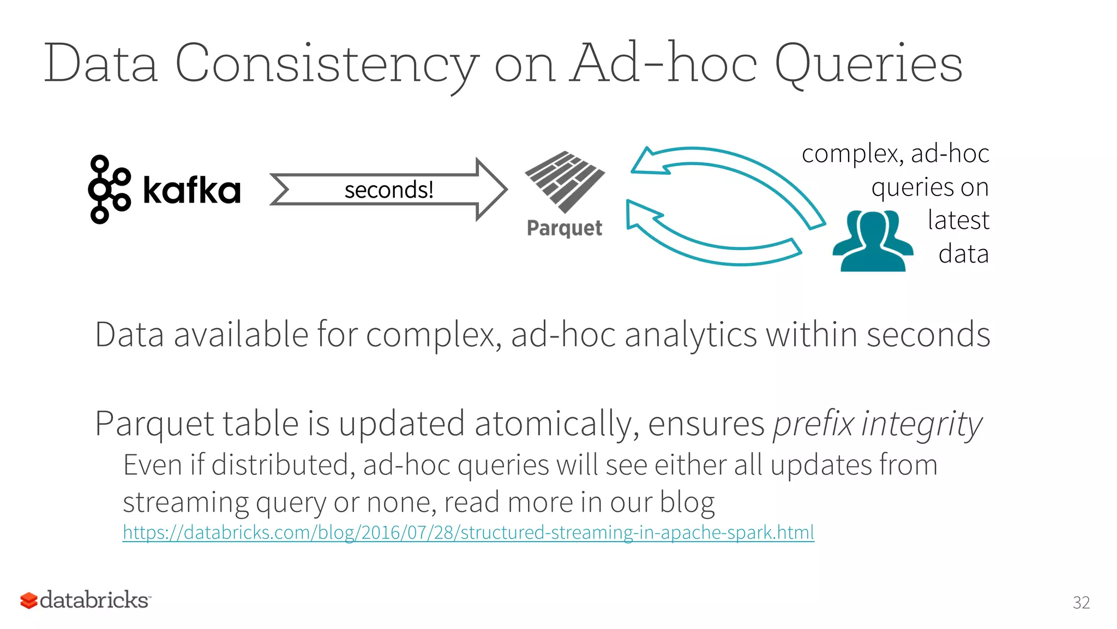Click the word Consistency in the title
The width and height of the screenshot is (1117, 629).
click(326, 64)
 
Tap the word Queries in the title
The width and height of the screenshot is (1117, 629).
click(868, 64)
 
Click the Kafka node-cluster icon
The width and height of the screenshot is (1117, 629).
click(109, 189)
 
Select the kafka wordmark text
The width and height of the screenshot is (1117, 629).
click(191, 191)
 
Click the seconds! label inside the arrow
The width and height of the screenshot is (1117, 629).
click(389, 190)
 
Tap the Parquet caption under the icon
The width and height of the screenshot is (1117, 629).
click(564, 228)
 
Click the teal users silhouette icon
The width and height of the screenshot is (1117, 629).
click(872, 241)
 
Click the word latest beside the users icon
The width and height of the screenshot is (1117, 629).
click(958, 220)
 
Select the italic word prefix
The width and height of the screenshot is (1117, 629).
click(813, 424)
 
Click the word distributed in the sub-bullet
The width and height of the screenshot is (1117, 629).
click(283, 465)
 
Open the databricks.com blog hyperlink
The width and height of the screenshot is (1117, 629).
click(468, 532)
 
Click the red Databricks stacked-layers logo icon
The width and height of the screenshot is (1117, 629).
click(29, 601)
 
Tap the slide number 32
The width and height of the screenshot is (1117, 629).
click(1081, 603)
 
